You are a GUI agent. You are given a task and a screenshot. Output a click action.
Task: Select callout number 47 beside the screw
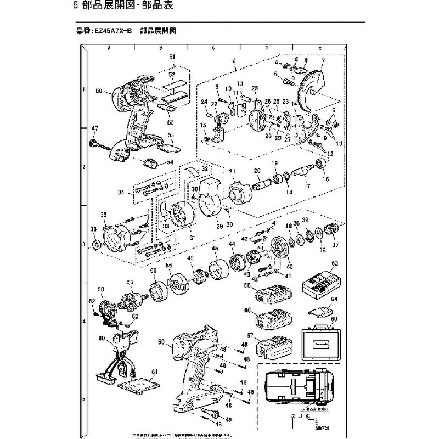click(94, 128)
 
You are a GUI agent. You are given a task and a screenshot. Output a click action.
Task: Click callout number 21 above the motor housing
click(232, 172)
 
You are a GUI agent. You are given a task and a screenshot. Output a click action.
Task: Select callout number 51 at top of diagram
click(172, 58)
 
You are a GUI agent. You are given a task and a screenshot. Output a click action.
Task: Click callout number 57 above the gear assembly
click(130, 282)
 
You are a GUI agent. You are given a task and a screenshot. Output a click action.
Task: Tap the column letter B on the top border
click(160, 48)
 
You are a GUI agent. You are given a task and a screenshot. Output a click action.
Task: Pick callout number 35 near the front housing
click(102, 215)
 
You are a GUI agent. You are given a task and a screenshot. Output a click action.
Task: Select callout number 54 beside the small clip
click(170, 162)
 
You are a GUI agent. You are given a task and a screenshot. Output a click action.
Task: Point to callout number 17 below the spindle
click(308, 187)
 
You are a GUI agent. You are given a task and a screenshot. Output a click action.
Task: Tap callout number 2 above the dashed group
click(234, 60)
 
